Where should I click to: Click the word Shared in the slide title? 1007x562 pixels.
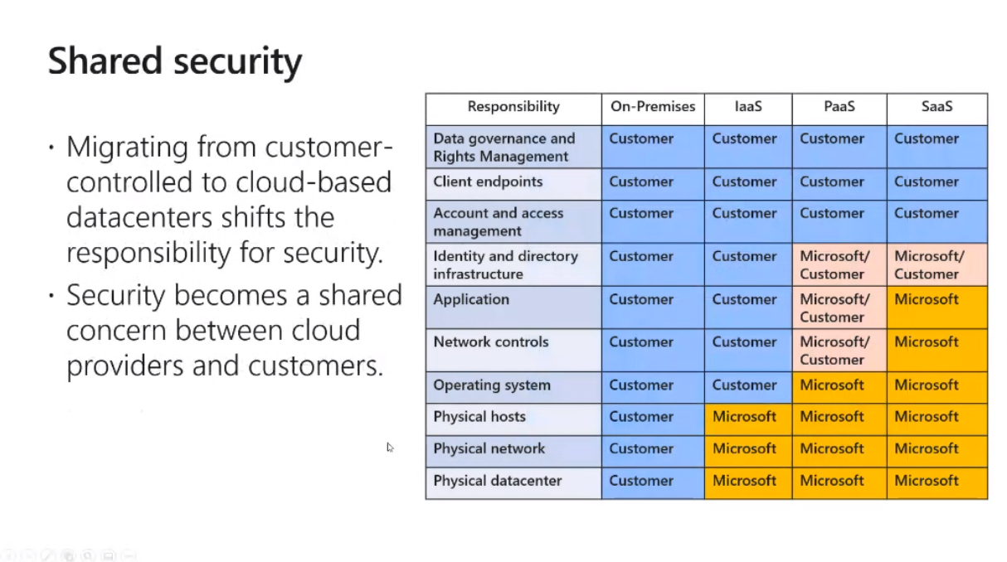coord(105,61)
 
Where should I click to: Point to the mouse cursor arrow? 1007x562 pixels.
coord(390,448)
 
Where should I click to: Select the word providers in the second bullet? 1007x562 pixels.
coord(125,366)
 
